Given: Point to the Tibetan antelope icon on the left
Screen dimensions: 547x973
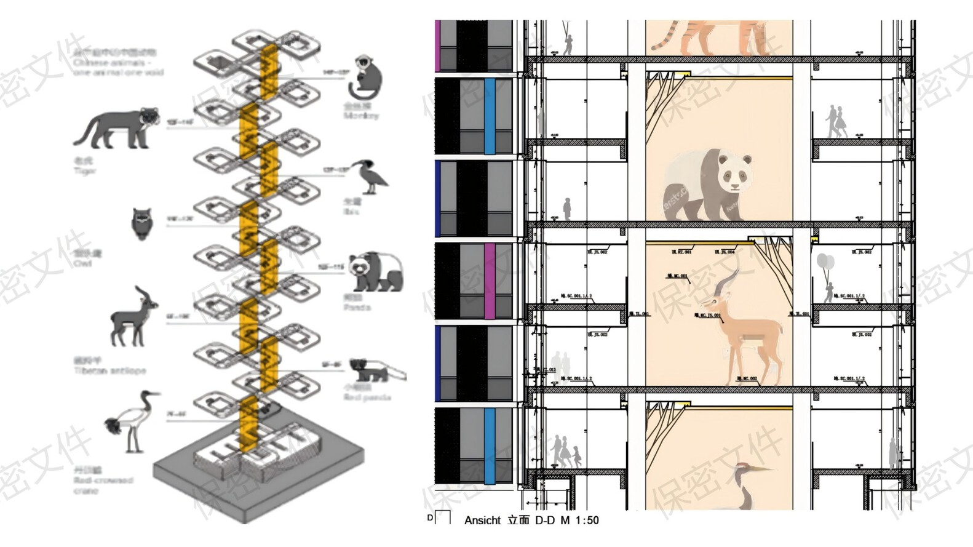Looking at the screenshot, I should coord(133,316).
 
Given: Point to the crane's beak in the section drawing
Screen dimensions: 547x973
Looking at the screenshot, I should coord(761,469).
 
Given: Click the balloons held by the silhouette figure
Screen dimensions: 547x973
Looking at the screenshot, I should coord(824,262).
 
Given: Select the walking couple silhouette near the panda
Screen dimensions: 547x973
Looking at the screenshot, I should coord(836,122).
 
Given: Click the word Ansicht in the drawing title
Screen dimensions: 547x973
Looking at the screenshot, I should coord(482,521).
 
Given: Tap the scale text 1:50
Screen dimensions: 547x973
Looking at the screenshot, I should coord(587,521).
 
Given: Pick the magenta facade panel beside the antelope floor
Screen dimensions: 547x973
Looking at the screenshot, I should coord(490,281).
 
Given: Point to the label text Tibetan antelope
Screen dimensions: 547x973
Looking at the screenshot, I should coord(110,370).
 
